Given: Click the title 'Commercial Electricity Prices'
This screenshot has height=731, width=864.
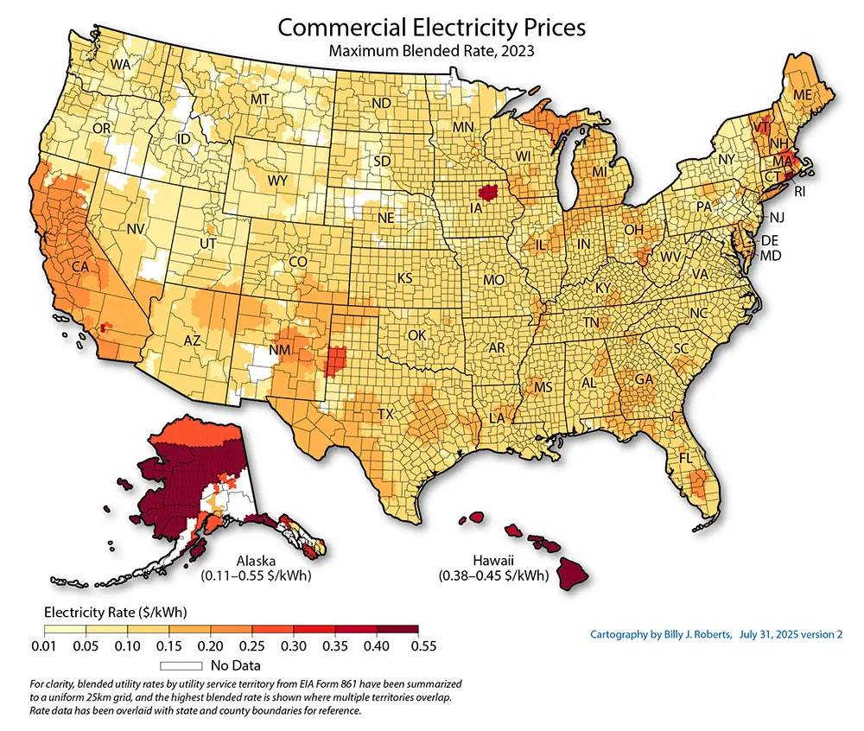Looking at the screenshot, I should point(431,27).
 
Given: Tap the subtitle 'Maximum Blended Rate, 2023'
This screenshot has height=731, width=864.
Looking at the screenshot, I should point(431,51).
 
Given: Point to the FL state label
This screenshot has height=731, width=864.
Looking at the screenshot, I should point(688,457).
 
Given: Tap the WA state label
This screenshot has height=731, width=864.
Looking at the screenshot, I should point(119,65).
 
